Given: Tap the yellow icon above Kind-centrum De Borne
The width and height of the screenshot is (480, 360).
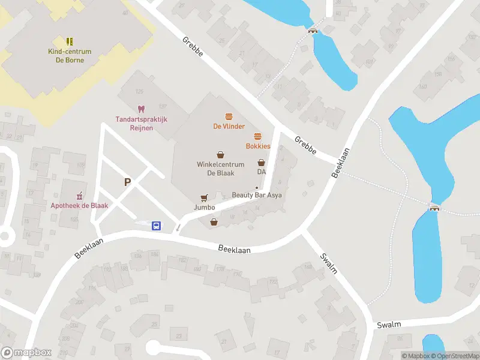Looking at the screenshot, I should [70, 41].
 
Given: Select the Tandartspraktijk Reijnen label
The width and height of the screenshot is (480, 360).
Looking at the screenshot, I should [142, 123].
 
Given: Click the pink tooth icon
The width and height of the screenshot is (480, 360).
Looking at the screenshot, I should [142, 109].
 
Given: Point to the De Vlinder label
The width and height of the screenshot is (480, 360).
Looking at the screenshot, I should [229, 126].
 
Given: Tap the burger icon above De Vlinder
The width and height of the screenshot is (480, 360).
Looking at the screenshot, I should [229, 116].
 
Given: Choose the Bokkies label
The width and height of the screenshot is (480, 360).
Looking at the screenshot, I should [258, 146].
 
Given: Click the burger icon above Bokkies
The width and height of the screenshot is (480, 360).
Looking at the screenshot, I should [258, 136].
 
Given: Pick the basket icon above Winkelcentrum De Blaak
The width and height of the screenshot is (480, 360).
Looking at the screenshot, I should [220, 154].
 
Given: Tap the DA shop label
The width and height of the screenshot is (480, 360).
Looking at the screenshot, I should [261, 172].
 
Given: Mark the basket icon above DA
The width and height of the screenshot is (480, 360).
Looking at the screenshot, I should [261, 162].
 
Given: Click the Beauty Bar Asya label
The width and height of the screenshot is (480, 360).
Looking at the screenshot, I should [257, 195].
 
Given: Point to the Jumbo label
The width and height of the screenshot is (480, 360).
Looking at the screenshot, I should [204, 208].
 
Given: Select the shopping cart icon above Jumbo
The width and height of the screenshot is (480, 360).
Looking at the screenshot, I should [204, 197].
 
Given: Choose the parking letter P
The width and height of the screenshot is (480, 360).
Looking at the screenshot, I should [127, 182].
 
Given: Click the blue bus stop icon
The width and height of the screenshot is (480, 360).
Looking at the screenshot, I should [157, 226].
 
